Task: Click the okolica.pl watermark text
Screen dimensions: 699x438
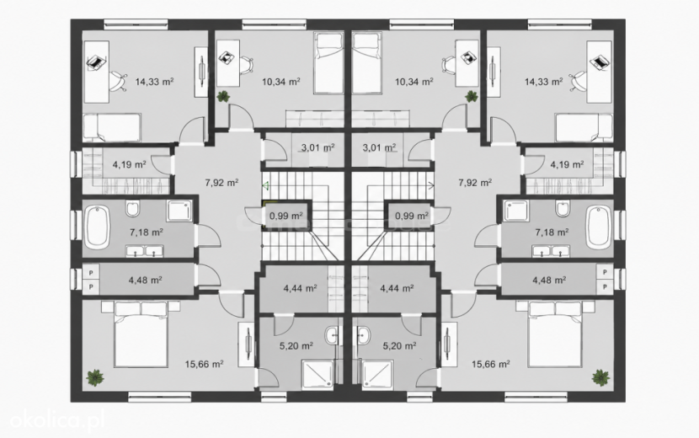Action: tap(57, 420)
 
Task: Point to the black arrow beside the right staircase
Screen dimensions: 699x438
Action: tap(431, 184)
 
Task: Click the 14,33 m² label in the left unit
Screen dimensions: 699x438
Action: tap(154, 82)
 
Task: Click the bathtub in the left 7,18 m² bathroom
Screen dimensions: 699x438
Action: tap(97, 228)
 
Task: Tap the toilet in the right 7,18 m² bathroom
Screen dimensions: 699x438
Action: tap(563, 208)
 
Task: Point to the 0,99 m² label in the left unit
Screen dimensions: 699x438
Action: tap(286, 216)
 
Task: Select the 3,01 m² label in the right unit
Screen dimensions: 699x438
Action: tap(379, 147)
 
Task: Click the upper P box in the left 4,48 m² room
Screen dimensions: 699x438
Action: tap(92, 272)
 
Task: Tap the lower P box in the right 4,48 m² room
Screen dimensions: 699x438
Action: tap(605, 286)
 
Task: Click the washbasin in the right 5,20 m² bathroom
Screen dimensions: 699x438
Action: tap(364, 334)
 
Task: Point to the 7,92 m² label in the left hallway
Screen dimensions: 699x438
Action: tap(221, 183)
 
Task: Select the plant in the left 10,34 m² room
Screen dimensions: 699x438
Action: tap(222, 96)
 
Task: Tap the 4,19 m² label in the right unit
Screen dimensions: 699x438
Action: tap(567, 164)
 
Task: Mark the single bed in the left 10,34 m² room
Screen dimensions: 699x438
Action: tap(328, 62)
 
